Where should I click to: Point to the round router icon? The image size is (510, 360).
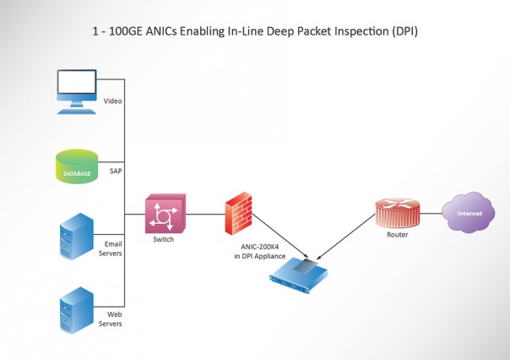click(x=396, y=212)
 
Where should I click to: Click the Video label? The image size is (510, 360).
click(x=113, y=101)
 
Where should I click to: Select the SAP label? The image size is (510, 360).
click(x=117, y=171)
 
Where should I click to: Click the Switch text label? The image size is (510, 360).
click(x=163, y=240)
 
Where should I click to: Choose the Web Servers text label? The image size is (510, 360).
click(x=112, y=319)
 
